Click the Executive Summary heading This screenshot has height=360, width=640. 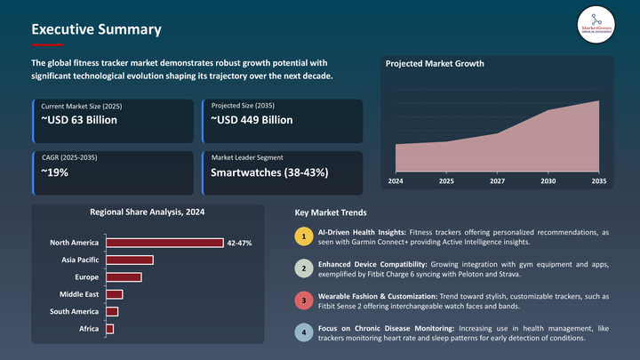click(96, 29)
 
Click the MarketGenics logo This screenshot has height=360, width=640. click(596, 24)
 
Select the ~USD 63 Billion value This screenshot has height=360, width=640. click(80, 120)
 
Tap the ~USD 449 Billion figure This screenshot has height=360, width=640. click(252, 120)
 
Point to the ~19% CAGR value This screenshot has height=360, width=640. click(55, 172)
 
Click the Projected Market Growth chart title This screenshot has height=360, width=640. click(436, 64)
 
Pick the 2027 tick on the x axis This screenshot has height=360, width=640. click(497, 181)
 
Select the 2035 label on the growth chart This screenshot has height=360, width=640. click(598, 181)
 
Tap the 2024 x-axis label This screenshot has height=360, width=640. click(396, 181)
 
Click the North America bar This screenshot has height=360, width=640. click(164, 243)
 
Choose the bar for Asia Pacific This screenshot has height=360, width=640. click(130, 260)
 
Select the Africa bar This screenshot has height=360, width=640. click(110, 329)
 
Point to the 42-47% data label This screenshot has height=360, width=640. click(239, 243)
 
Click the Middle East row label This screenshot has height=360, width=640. click(78, 294)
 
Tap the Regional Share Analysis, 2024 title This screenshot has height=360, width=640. click(147, 212)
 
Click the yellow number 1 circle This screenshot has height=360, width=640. click(303, 237)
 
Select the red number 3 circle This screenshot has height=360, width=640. click(303, 301)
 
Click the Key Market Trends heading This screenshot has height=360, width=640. click(330, 213)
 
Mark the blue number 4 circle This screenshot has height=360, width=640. click(303, 333)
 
